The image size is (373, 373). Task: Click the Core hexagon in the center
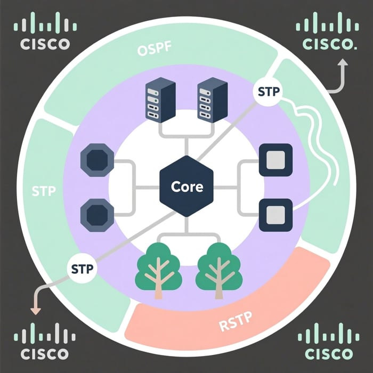point(186,187)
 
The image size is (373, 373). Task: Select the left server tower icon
point(159,101)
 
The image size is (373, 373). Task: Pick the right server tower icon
point(209,101)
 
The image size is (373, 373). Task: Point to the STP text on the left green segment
point(44,191)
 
